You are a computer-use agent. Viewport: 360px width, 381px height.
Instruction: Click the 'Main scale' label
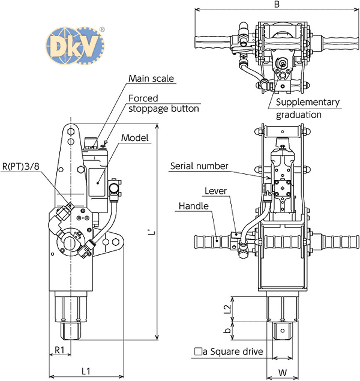click(152, 79)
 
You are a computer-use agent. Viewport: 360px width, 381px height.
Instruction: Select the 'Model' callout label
click(135, 137)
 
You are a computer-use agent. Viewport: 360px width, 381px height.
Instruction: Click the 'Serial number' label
click(199, 165)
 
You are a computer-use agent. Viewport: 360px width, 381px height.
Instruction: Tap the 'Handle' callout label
click(193, 206)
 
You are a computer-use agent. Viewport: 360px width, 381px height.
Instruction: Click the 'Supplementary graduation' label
click(308, 108)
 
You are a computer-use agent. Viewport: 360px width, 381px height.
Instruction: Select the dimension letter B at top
click(276, 5)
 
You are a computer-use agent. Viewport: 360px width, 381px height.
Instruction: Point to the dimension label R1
click(59, 349)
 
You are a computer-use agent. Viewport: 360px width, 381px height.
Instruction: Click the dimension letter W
click(283, 372)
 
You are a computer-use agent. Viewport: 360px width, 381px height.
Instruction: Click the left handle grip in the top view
click(213, 43)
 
